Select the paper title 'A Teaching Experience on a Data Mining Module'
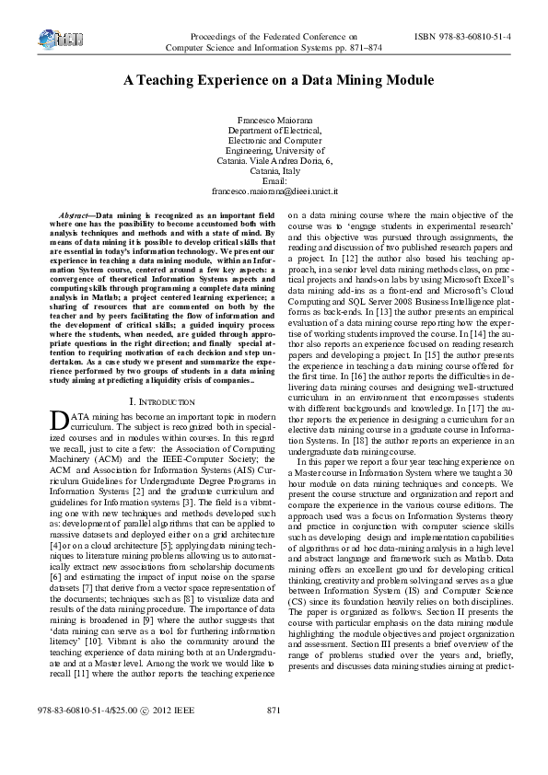point(274,80)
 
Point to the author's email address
point(274,191)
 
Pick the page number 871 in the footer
point(273,735)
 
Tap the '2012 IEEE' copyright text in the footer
point(175,735)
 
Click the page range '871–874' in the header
point(362,46)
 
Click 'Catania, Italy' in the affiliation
point(274,171)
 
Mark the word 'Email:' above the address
point(274,181)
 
